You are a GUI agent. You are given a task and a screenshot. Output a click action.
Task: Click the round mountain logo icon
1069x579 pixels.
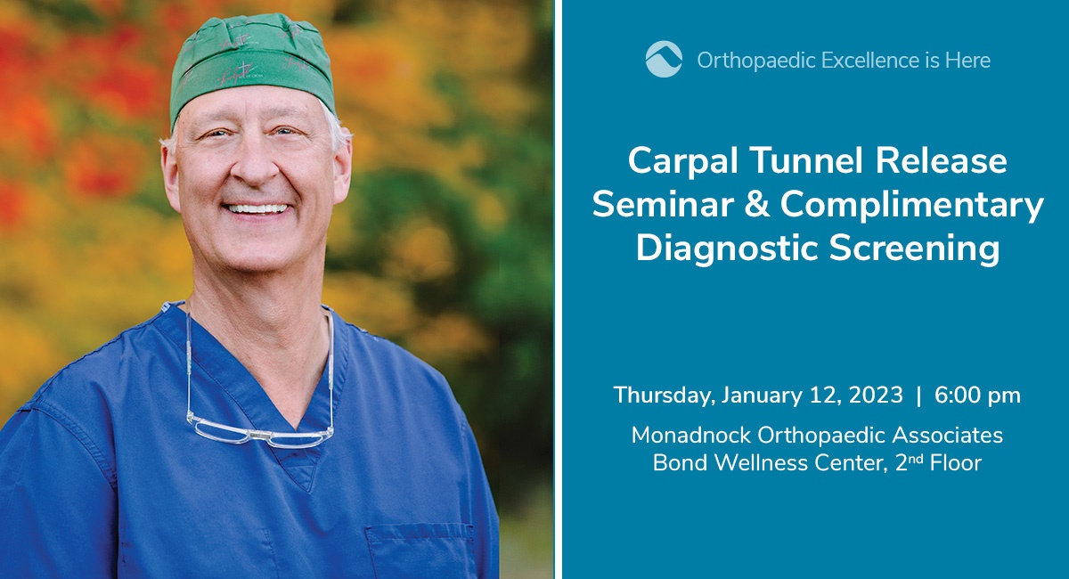[x=664, y=59]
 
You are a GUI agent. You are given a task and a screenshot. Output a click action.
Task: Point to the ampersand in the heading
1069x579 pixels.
[x=751, y=204]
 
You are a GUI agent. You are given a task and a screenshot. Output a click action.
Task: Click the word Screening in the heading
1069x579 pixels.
[x=914, y=249]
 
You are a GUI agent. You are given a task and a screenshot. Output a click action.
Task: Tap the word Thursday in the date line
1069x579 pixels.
[x=662, y=396]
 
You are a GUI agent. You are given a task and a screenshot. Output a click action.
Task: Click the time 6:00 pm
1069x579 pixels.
[x=977, y=396]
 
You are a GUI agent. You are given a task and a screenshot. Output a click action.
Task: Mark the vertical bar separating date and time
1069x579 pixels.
[x=919, y=396]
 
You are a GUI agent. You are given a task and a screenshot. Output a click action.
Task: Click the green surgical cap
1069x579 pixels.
[x=253, y=67]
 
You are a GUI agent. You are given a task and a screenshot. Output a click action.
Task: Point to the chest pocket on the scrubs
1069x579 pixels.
[x=420, y=551]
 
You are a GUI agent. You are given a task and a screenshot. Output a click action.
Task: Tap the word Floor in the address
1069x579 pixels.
[x=955, y=462]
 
